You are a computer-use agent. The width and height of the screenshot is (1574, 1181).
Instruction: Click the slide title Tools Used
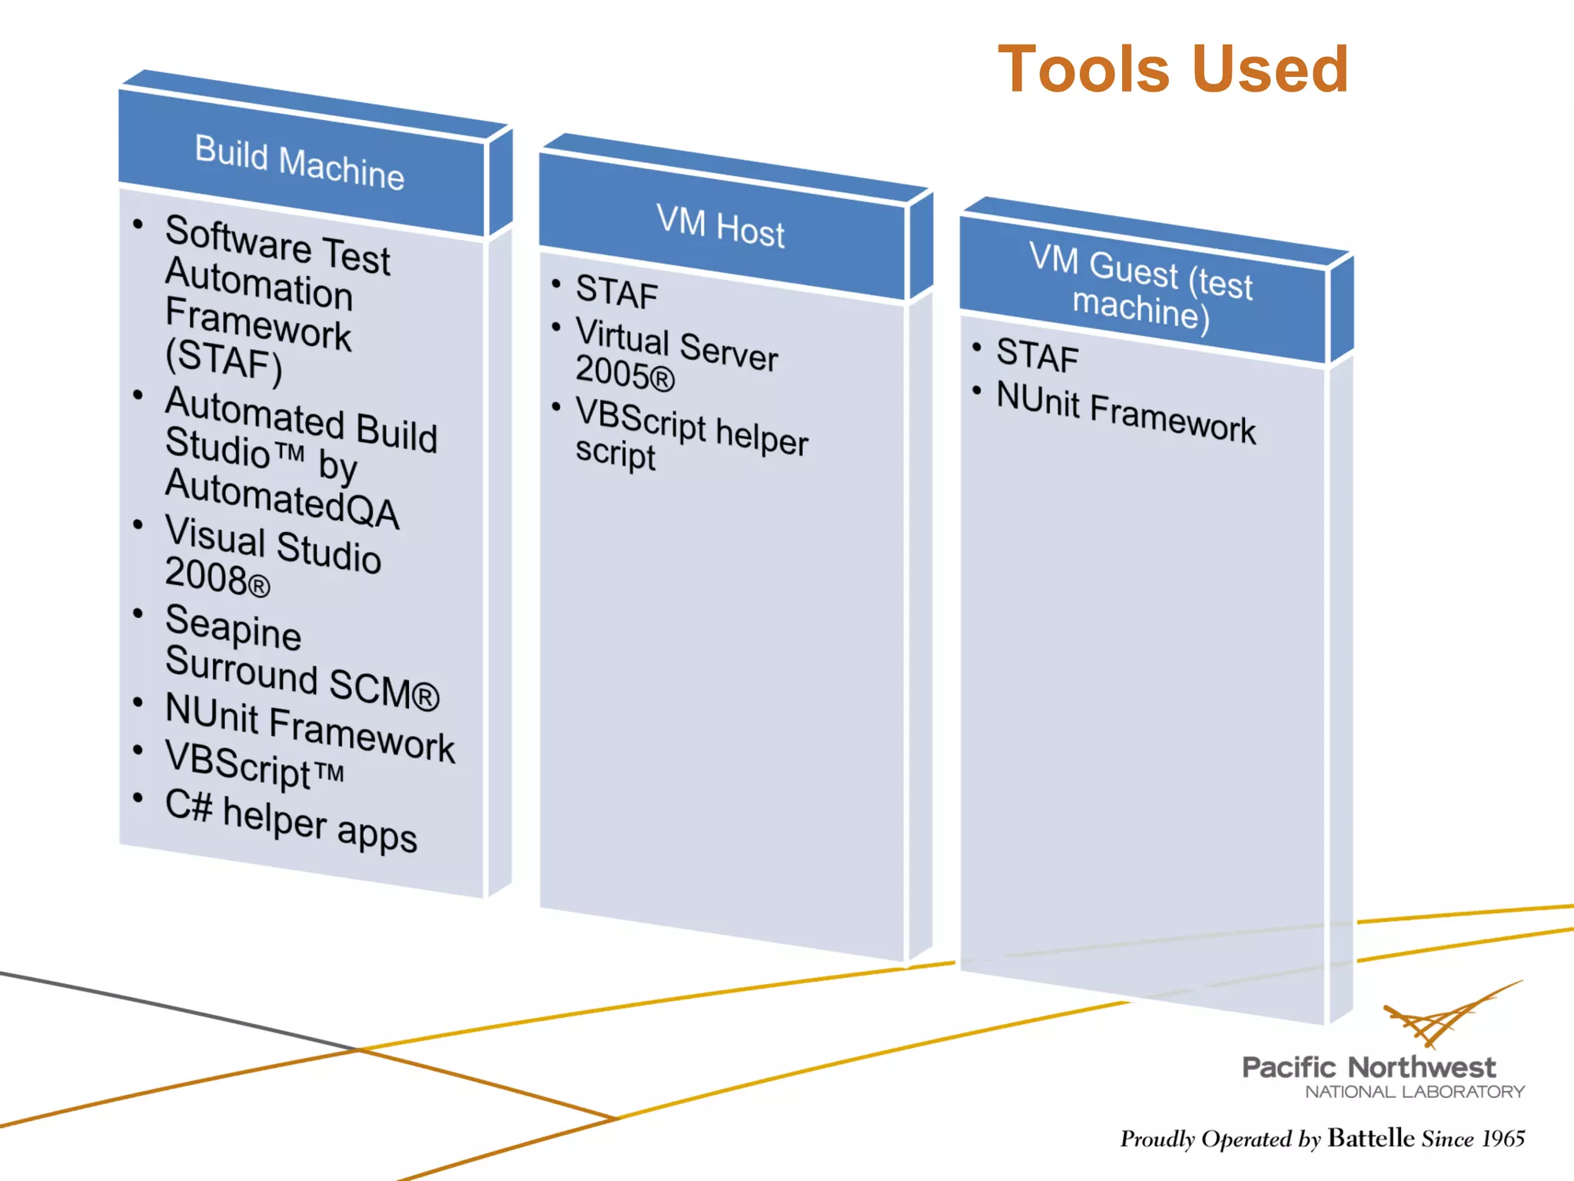click(x=1173, y=70)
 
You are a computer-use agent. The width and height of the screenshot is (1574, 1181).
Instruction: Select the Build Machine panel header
click(x=300, y=163)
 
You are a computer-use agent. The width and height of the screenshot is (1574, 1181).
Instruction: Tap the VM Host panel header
click(x=721, y=227)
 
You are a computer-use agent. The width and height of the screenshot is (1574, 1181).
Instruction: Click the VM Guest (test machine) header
click(x=1141, y=287)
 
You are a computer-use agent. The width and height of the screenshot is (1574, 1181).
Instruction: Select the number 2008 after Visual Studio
click(x=206, y=576)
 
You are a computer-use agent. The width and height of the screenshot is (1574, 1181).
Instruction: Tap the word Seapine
click(x=233, y=626)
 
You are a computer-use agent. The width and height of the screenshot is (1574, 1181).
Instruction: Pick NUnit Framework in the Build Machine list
click(x=310, y=727)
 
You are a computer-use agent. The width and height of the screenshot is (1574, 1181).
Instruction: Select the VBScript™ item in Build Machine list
click(x=254, y=764)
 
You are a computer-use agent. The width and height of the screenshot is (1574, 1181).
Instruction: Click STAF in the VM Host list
click(x=616, y=292)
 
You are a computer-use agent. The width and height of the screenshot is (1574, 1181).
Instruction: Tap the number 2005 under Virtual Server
click(x=612, y=372)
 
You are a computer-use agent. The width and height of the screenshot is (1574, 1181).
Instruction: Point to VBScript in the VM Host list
click(x=640, y=418)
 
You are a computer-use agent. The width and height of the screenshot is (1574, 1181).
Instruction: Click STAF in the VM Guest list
click(x=1038, y=355)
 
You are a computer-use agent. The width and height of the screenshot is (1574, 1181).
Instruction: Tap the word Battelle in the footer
click(x=1370, y=1137)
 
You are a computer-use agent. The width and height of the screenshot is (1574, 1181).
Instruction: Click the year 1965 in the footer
click(x=1503, y=1138)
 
